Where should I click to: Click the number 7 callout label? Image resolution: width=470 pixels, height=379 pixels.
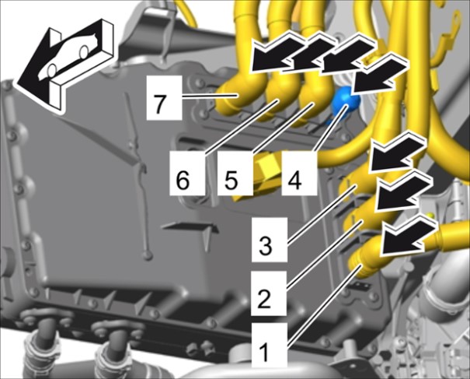164,97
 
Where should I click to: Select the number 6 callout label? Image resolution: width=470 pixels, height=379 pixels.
187,174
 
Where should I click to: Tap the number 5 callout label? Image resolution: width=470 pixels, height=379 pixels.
235,174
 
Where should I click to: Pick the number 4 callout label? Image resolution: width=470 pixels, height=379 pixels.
299,174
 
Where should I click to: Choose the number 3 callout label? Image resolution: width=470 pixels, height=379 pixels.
270,240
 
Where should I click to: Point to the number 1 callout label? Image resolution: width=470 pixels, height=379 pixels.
270,345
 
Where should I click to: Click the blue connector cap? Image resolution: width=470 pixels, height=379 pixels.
345,100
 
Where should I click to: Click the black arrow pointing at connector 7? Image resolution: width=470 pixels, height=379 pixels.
277,58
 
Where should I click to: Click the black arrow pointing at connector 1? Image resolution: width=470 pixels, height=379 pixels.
408,237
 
